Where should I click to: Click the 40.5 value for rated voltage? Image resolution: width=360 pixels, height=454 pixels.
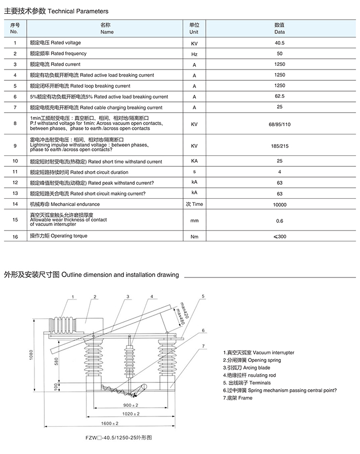pyautogui.click(x=280, y=43)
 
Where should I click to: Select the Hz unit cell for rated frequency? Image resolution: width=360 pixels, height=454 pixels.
pyautogui.click(x=194, y=54)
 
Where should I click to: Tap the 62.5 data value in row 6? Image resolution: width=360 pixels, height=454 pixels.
pyautogui.click(x=280, y=97)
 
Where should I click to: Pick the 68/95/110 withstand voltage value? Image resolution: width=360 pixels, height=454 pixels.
pyautogui.click(x=280, y=125)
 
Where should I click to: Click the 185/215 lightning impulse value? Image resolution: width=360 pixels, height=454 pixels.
pyautogui.click(x=280, y=146)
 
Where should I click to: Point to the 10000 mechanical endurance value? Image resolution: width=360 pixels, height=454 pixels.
pyautogui.click(x=280, y=204)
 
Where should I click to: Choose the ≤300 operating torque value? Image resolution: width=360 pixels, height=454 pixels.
pyautogui.click(x=280, y=237)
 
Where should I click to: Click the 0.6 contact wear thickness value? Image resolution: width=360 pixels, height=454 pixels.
pyautogui.click(x=280, y=221)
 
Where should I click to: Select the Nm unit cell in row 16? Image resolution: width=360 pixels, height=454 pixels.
pyautogui.click(x=194, y=237)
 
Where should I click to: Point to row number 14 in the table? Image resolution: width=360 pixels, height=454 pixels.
pyautogui.click(x=15, y=204)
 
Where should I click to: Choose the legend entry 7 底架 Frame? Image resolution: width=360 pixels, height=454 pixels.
pyautogui.click(x=238, y=398)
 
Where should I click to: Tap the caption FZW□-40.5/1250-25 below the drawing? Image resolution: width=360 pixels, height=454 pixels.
pyautogui.click(x=119, y=437)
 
